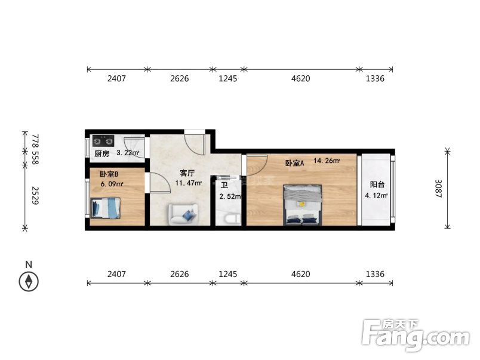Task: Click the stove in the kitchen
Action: pyautogui.click(x=103, y=142)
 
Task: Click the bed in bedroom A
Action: pyautogui.click(x=302, y=205)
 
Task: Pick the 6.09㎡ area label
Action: pyautogui.click(x=112, y=184)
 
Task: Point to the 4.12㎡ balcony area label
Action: pyautogui.click(x=376, y=195)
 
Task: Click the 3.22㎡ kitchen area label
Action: pyautogui.click(x=127, y=153)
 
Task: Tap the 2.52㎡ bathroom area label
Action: pyautogui.click(x=230, y=196)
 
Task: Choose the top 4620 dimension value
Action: pyautogui.click(x=300, y=78)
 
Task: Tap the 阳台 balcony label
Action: pyautogui.click(x=376, y=184)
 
